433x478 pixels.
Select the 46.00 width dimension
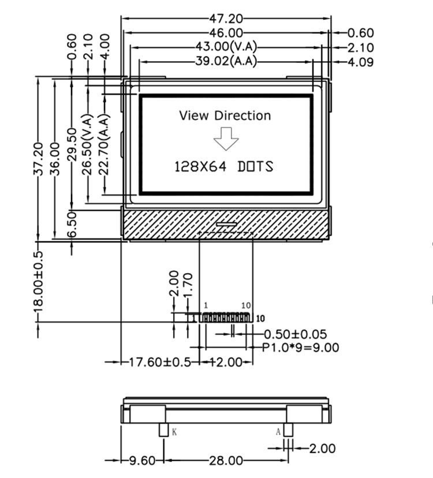(226, 33)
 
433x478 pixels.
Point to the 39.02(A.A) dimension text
(226, 61)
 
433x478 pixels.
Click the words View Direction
(225, 115)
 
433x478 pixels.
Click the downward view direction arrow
(226, 139)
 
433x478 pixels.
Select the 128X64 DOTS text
(224, 167)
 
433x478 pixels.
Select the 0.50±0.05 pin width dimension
(295, 334)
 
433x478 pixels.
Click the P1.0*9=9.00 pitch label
(300, 347)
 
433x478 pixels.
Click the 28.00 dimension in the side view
(226, 461)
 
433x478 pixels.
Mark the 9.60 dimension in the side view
(141, 461)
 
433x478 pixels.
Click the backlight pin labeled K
(163, 430)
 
